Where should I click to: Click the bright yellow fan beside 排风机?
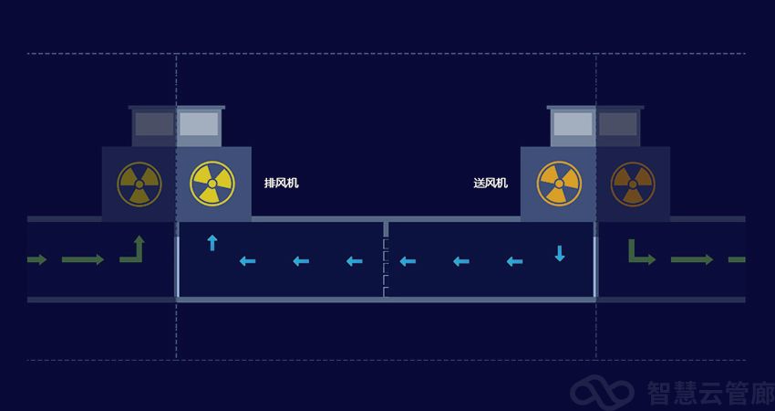212,184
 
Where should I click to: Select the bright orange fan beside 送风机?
559,184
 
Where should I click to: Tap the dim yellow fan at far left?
139,184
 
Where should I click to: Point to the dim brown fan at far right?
632,184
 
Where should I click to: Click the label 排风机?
281,184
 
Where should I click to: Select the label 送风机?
491,184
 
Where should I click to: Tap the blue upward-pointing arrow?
212,243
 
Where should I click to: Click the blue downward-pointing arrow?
560,253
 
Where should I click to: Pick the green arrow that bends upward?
133,249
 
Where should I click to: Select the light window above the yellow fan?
198,124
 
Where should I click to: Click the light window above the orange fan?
573,124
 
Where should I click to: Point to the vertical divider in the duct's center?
386,259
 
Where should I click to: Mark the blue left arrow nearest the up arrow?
247,262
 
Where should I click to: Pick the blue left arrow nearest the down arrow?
514,262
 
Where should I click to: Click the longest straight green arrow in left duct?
83,260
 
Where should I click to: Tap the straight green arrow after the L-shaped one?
691,260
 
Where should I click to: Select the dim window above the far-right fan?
617,124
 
